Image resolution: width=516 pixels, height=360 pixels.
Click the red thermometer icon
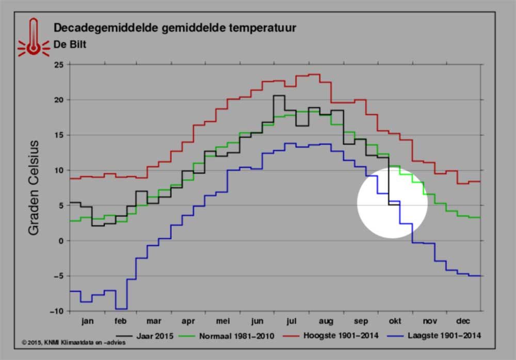tap(33, 38)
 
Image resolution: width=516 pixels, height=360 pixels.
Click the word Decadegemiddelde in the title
tap(106, 28)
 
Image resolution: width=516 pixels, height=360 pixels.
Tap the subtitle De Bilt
tap(70, 44)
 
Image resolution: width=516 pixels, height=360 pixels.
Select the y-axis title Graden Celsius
tap(34, 187)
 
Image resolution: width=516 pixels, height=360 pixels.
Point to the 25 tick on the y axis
tap(59, 65)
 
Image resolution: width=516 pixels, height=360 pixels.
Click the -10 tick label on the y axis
tap(57, 311)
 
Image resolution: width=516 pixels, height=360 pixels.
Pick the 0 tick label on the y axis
tap(61, 241)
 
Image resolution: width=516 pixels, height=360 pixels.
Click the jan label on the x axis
tap(88, 321)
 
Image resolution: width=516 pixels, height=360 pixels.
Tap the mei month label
tap(223, 321)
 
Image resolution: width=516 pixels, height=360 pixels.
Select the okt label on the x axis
tap(395, 321)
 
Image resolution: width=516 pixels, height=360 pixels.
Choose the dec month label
tap(463, 321)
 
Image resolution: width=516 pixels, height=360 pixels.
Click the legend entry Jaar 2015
tap(145, 336)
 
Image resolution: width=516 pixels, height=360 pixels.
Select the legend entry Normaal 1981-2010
tap(227, 336)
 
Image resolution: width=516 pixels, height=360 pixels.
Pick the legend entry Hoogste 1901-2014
tap(331, 336)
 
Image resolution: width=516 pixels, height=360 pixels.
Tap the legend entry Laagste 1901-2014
tap(434, 336)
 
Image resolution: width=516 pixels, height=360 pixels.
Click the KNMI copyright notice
tap(73, 342)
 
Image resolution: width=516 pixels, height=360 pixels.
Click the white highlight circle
tap(392, 202)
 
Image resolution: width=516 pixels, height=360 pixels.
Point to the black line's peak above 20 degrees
tap(279, 96)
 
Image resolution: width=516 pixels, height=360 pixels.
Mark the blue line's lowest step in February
tap(121, 309)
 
